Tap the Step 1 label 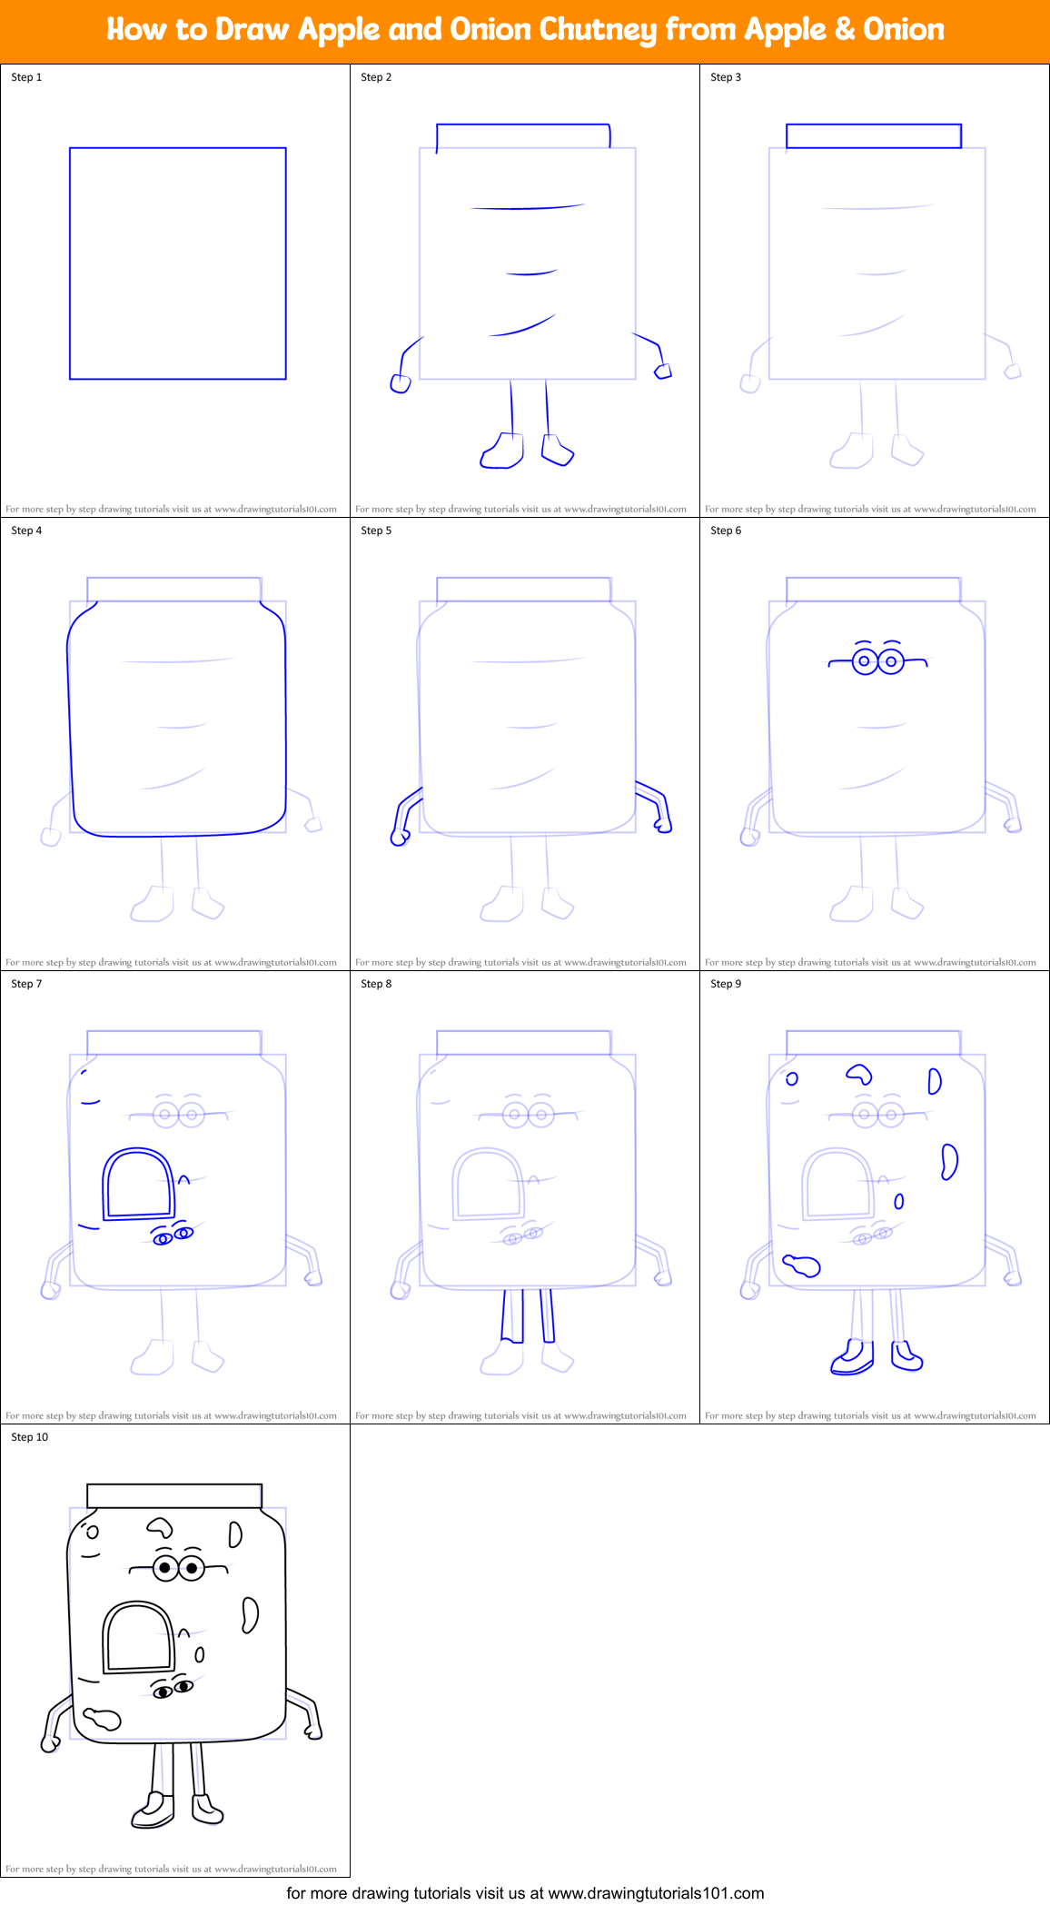(x=26, y=77)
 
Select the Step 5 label (x=376, y=531)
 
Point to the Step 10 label (x=30, y=1437)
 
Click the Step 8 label (x=376, y=984)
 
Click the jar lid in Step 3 (x=873, y=136)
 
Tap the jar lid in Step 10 (x=174, y=1495)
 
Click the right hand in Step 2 (x=664, y=371)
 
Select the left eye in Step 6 (x=865, y=661)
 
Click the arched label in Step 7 (x=138, y=1185)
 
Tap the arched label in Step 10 (x=138, y=1638)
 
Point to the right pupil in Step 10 (x=192, y=1568)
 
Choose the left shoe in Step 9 (x=852, y=1358)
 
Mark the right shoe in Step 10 (x=207, y=1810)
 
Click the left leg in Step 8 (x=512, y=1315)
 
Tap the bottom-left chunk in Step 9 (x=801, y=1265)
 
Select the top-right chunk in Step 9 (x=934, y=1081)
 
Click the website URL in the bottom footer (x=656, y=1893)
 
